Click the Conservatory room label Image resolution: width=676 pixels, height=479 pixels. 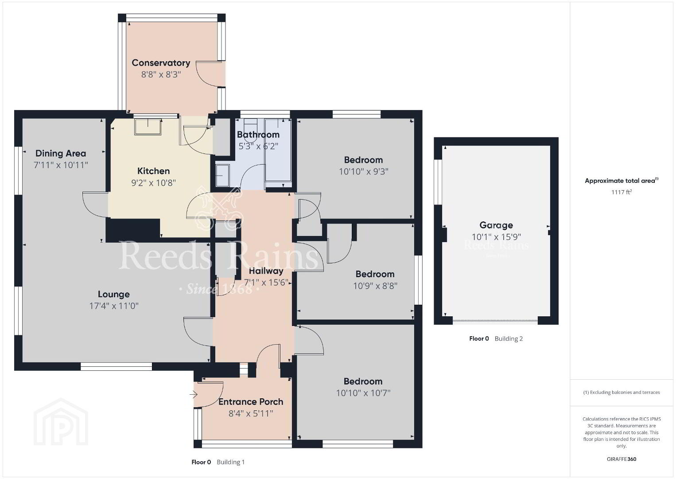[161, 63]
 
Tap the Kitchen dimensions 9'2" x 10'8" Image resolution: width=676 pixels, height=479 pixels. [153, 183]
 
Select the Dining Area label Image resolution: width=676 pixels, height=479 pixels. [61, 153]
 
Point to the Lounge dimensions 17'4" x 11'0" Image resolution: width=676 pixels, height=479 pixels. [114, 306]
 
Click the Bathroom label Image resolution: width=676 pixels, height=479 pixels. [258, 134]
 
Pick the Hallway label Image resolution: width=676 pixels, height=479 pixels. [266, 271]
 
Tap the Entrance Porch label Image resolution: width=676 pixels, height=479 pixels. [251, 402]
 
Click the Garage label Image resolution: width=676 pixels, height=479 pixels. [496, 225]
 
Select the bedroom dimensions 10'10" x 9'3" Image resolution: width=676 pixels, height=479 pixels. [363, 171]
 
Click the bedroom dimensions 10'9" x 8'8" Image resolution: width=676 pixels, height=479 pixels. [375, 286]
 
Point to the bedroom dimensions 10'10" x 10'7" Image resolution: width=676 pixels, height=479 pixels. [363, 393]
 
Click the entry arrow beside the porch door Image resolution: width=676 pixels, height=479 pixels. [194, 394]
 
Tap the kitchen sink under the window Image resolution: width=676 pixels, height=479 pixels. [148, 127]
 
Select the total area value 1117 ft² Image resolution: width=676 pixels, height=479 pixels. [622, 192]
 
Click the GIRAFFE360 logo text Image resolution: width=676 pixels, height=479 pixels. [622, 459]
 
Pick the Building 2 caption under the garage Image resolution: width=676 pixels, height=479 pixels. [509, 338]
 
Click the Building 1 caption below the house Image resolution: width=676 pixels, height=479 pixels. [230, 462]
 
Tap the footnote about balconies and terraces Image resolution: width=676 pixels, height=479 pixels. [622, 392]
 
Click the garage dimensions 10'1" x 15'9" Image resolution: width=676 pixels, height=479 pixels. [496, 237]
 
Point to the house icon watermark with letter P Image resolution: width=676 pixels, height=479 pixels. [61, 422]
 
